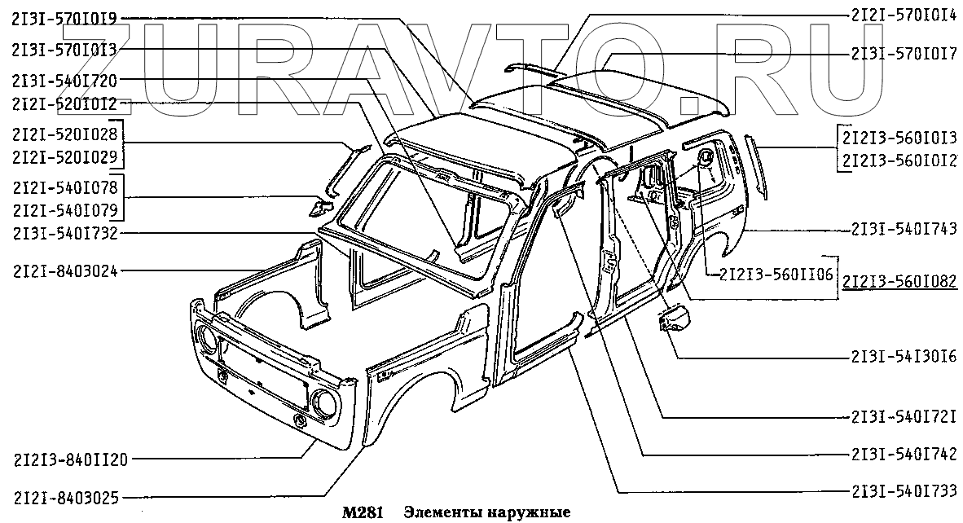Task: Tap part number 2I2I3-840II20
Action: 70,459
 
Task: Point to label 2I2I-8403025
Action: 64,495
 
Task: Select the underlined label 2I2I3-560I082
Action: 900,282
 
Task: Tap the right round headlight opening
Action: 323,401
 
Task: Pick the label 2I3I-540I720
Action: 64,80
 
